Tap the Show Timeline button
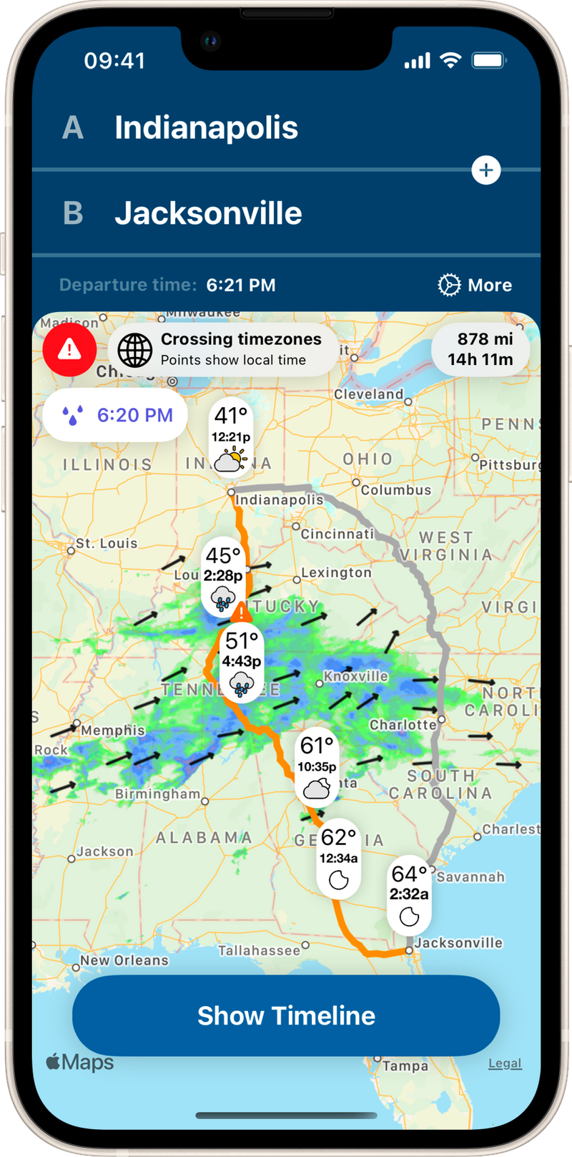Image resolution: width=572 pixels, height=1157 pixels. coord(286,1015)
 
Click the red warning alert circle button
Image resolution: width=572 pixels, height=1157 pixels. coord(69,350)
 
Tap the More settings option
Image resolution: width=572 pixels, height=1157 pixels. coord(475,285)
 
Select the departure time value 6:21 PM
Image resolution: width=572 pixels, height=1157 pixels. coord(241,285)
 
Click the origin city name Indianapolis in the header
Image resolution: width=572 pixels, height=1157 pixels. coord(206,127)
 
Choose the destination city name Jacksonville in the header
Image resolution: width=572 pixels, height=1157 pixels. coord(208,213)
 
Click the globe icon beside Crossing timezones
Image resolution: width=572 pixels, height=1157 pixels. coord(135,350)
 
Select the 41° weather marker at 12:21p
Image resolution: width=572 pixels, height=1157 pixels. coord(230,438)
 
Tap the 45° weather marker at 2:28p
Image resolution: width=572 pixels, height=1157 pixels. coord(223,576)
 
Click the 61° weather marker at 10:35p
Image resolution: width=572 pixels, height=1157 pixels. coord(317,767)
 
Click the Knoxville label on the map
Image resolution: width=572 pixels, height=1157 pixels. coord(356,676)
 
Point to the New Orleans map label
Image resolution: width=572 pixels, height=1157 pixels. coord(124,960)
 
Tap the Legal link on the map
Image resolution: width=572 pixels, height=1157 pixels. coord(505,1063)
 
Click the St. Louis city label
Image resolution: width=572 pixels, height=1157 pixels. coord(106,544)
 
